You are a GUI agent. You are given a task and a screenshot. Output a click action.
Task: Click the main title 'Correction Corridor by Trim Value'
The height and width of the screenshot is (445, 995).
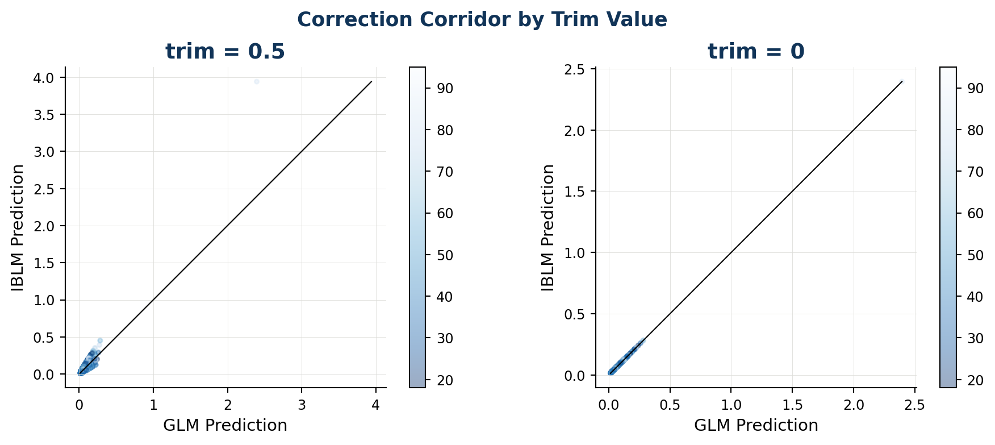(482, 20)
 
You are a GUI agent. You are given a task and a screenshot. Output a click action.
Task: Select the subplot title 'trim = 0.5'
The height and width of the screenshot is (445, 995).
(225, 52)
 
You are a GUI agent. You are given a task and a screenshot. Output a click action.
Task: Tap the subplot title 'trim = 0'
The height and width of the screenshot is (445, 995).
(756, 52)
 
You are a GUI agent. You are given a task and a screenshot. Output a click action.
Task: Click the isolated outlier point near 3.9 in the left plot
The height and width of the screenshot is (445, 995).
(257, 82)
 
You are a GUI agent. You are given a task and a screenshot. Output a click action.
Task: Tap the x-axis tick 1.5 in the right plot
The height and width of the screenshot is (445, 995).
(792, 405)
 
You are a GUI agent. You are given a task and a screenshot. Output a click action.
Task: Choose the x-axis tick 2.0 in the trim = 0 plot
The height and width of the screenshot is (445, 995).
(854, 405)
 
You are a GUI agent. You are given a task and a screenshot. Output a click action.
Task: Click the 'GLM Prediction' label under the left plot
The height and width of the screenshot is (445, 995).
(225, 425)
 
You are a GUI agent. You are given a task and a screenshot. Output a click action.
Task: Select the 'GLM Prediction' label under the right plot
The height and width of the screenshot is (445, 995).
(756, 425)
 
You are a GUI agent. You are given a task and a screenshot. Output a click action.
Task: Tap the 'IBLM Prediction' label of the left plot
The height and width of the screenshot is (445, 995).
(18, 227)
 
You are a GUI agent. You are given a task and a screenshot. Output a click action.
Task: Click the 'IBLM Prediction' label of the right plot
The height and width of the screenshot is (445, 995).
(549, 227)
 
